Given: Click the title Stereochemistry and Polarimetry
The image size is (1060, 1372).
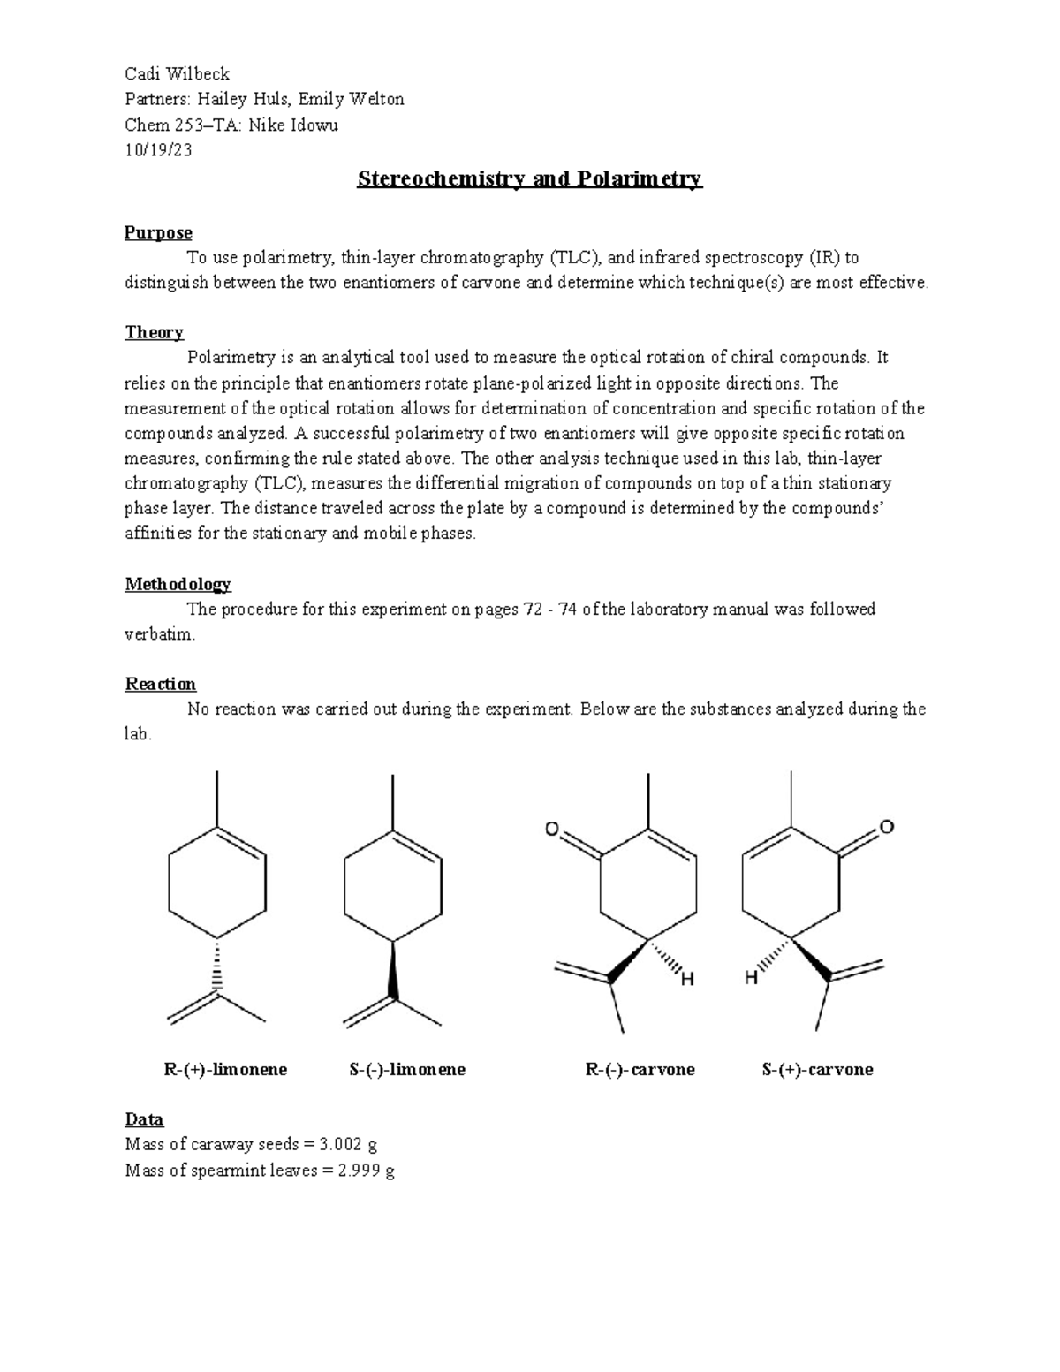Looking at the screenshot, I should [x=529, y=179].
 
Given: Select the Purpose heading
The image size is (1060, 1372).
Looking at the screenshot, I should [x=158, y=232].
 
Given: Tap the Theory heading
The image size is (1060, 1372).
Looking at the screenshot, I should [x=154, y=332].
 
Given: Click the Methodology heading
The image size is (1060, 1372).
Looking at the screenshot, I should [x=178, y=584].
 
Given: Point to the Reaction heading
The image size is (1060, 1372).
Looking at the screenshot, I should [x=160, y=684].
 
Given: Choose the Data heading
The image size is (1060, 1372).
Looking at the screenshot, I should [x=144, y=1119].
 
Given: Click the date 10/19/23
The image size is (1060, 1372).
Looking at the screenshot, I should [x=158, y=149].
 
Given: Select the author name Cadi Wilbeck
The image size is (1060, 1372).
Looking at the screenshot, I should [x=177, y=73].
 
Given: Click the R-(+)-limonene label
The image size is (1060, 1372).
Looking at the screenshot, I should [x=225, y=1070].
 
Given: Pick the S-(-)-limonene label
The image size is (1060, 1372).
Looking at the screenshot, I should [x=407, y=1070].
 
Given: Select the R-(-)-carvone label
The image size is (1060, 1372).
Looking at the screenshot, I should [x=640, y=1070].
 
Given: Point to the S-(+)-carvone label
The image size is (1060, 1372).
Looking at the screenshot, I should [x=817, y=1070].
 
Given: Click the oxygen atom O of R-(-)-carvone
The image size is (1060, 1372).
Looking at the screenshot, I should [x=552, y=829].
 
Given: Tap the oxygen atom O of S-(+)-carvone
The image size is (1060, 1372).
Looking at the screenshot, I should [x=887, y=827].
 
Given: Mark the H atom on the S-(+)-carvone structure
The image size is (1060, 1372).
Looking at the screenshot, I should [x=751, y=978].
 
